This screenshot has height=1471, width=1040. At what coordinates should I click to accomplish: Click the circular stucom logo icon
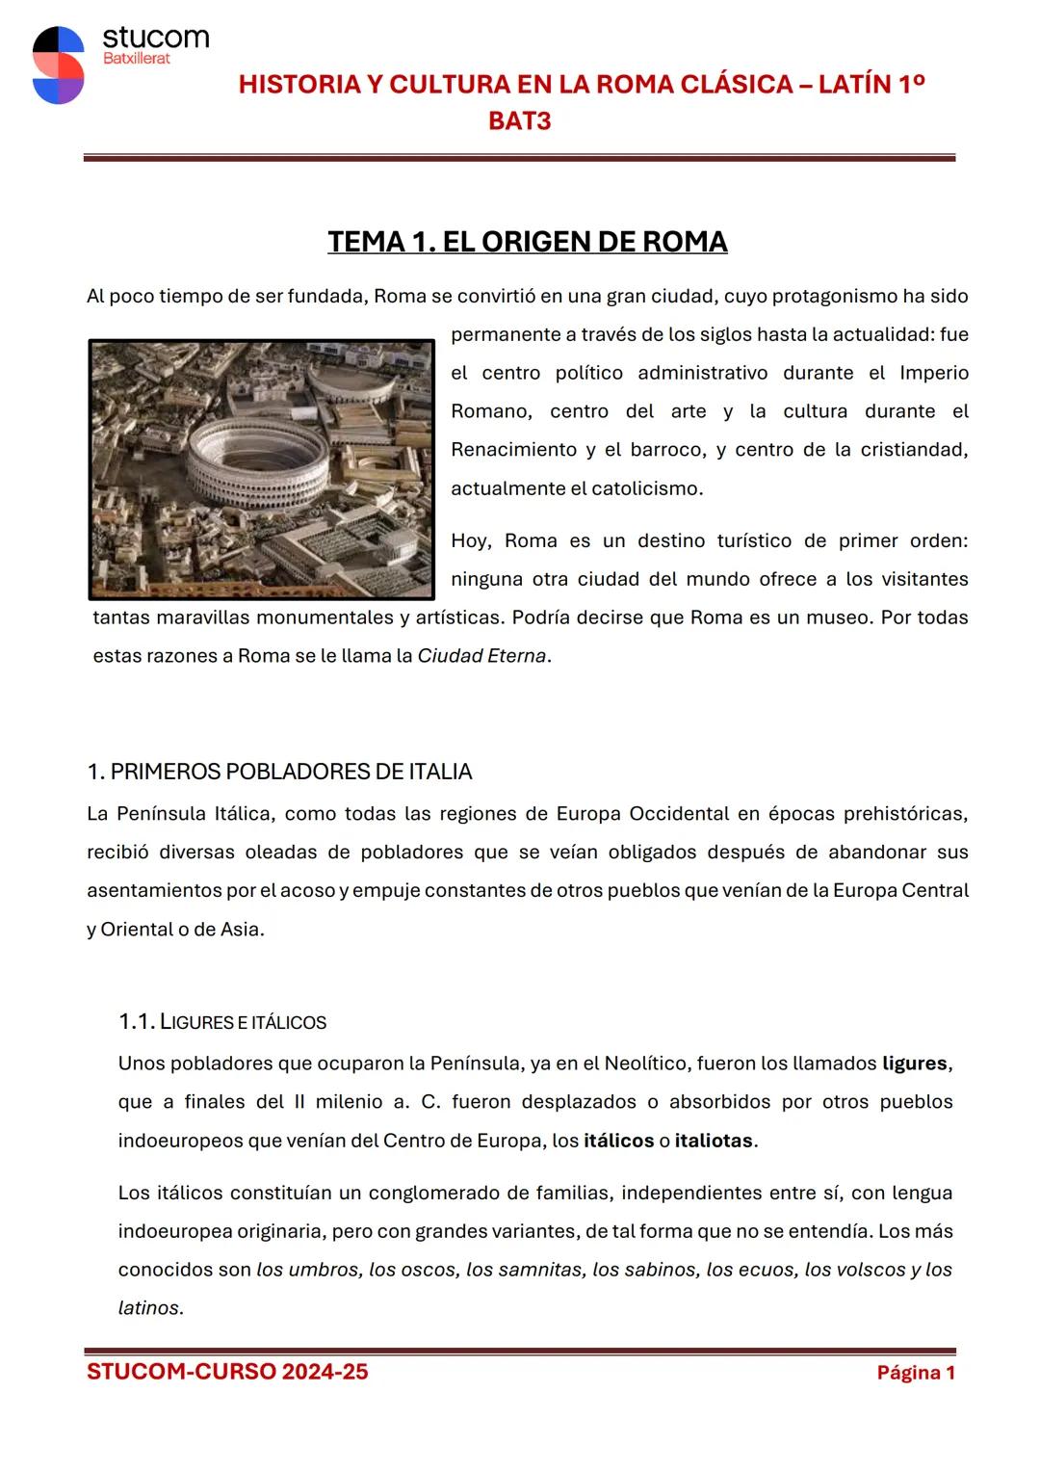click(x=58, y=66)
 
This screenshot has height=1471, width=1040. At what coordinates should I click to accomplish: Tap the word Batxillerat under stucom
click(x=136, y=59)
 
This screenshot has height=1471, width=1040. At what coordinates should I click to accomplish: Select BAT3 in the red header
click(x=519, y=121)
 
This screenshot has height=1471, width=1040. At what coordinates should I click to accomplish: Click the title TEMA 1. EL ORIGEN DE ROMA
click(x=527, y=242)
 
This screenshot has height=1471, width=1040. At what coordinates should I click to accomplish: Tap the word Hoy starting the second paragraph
click(x=469, y=540)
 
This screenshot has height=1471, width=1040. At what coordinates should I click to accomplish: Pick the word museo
click(x=837, y=617)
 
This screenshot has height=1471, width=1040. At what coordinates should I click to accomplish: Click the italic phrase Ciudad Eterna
click(x=481, y=656)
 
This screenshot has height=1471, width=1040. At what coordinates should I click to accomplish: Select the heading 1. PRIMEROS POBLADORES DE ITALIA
click(x=279, y=772)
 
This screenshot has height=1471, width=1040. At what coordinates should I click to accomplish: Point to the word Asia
click(x=241, y=930)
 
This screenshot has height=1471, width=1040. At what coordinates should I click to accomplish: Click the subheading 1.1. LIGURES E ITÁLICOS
click(x=222, y=1022)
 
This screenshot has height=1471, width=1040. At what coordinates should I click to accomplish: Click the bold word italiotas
click(x=714, y=1141)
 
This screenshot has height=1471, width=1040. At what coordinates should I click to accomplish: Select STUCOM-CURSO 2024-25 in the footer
click(x=227, y=1372)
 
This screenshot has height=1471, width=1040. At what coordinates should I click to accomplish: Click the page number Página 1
click(x=915, y=1373)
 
